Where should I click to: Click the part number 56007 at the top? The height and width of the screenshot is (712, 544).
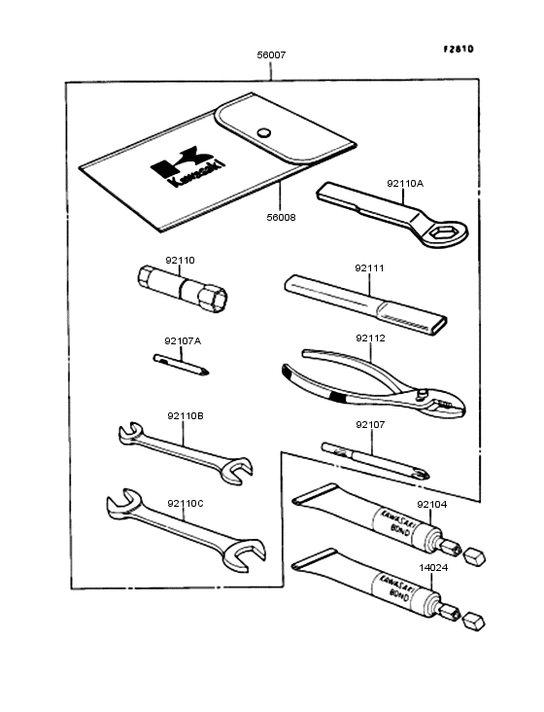(x=271, y=56)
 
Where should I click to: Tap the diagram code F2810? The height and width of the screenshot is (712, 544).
(x=459, y=49)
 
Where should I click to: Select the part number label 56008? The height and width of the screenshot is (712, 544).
(x=281, y=218)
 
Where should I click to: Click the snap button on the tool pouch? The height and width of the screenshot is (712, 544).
(x=263, y=132)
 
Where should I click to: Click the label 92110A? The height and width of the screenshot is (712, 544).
(x=405, y=182)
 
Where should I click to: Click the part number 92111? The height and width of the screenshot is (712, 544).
(x=369, y=267)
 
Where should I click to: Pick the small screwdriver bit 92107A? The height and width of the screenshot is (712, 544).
(x=184, y=364)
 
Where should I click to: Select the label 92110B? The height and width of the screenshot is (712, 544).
(x=185, y=415)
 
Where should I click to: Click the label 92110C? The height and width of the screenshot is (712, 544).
(x=185, y=503)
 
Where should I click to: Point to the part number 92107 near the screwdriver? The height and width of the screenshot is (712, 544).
(x=370, y=424)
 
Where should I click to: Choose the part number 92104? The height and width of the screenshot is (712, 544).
(x=432, y=505)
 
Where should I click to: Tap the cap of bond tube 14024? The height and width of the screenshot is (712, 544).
(x=475, y=619)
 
